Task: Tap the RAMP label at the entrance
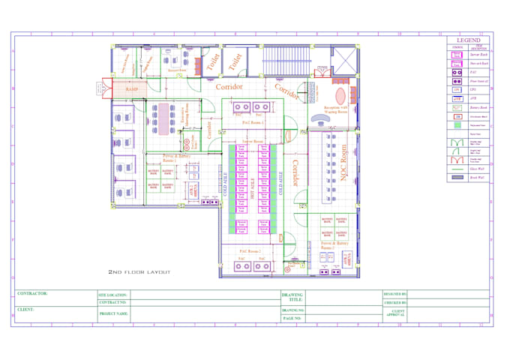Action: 132,89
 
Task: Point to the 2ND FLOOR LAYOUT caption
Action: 139,271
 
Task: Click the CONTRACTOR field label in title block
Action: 32,294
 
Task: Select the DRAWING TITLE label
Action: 292,298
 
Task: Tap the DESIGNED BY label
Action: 394,294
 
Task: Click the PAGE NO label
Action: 292,318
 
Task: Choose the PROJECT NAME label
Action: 114,313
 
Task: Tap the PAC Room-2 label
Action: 250,251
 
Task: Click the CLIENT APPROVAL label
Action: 397,313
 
